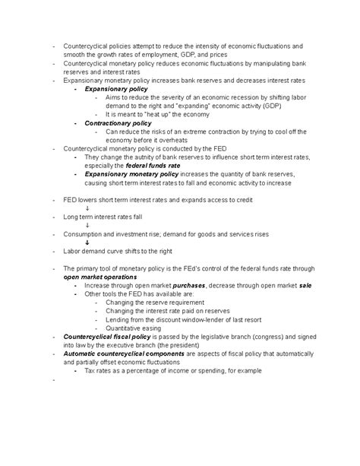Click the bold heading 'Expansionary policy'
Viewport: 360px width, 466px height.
coord(115,89)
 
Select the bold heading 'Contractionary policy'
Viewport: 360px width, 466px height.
coord(118,122)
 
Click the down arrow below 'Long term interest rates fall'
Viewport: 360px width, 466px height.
coord(88,224)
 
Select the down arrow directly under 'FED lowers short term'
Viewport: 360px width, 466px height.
coord(88,208)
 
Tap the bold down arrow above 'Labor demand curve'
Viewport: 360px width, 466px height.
coord(88,242)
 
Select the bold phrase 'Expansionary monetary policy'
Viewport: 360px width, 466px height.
coord(132,173)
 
